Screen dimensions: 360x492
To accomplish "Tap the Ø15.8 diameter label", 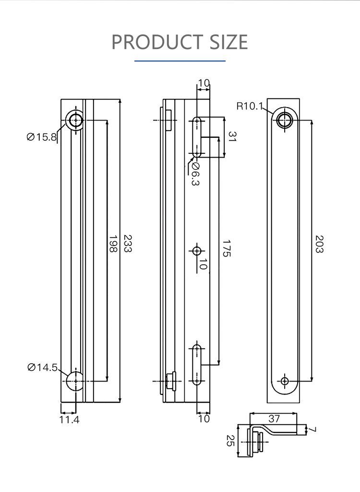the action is click(42, 137).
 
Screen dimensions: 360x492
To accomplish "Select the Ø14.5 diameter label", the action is click(43, 367).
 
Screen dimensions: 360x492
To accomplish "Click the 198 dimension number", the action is click(113, 244).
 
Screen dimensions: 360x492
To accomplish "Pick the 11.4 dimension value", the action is click(69, 419).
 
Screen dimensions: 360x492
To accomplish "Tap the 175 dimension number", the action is click(227, 248).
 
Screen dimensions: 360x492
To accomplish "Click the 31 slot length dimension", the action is click(232, 136).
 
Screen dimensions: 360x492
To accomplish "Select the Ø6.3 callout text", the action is click(195, 174).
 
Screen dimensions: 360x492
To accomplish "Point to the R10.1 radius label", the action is click(249, 106).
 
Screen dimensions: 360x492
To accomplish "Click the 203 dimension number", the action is click(319, 244).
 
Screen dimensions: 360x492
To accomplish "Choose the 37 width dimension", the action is click(274, 418).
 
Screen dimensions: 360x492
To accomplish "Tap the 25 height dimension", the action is click(230, 441).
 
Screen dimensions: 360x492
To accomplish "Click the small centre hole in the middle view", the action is click(197, 251).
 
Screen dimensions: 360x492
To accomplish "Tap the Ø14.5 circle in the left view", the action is click(75, 381).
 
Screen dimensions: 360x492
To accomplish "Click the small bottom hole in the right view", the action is click(285, 381).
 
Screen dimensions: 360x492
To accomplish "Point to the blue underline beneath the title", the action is click(180, 61).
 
